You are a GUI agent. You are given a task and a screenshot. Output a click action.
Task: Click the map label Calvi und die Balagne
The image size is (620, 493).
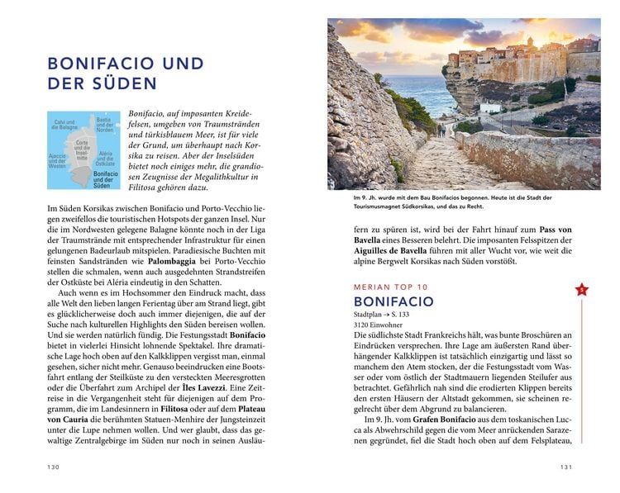[x=65, y=126]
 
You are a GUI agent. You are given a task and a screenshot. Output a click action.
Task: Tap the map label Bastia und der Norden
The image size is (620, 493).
[x=105, y=124]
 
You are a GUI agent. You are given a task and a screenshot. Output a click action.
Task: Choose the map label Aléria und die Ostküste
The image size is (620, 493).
[x=107, y=159]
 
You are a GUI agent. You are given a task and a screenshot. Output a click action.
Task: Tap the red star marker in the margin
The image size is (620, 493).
[x=581, y=290]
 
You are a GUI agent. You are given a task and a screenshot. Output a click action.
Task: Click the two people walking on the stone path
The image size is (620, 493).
[x=442, y=130]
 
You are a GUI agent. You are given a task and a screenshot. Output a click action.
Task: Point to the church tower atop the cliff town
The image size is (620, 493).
[x=530, y=42]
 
